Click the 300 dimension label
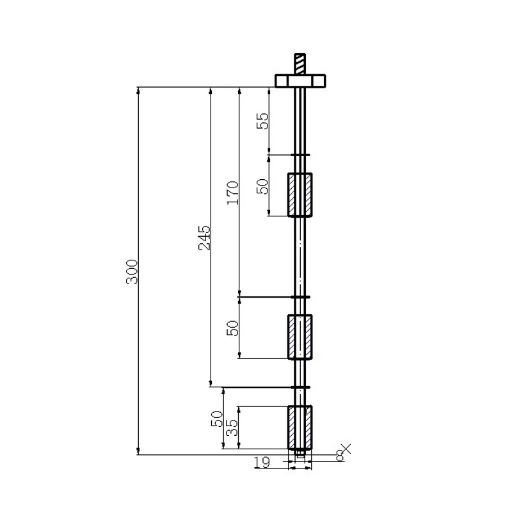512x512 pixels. [x=132, y=271]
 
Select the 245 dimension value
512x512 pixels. [x=205, y=237]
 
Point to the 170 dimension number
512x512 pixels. [x=233, y=193]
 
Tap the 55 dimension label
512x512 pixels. [x=262, y=121]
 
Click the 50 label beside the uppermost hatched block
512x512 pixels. [x=262, y=186]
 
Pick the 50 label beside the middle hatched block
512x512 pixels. [x=232, y=328]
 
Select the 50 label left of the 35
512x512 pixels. [x=217, y=419]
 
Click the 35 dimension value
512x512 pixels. [x=232, y=428]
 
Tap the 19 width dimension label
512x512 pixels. [x=262, y=462]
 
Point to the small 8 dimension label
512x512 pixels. [x=340, y=455]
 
